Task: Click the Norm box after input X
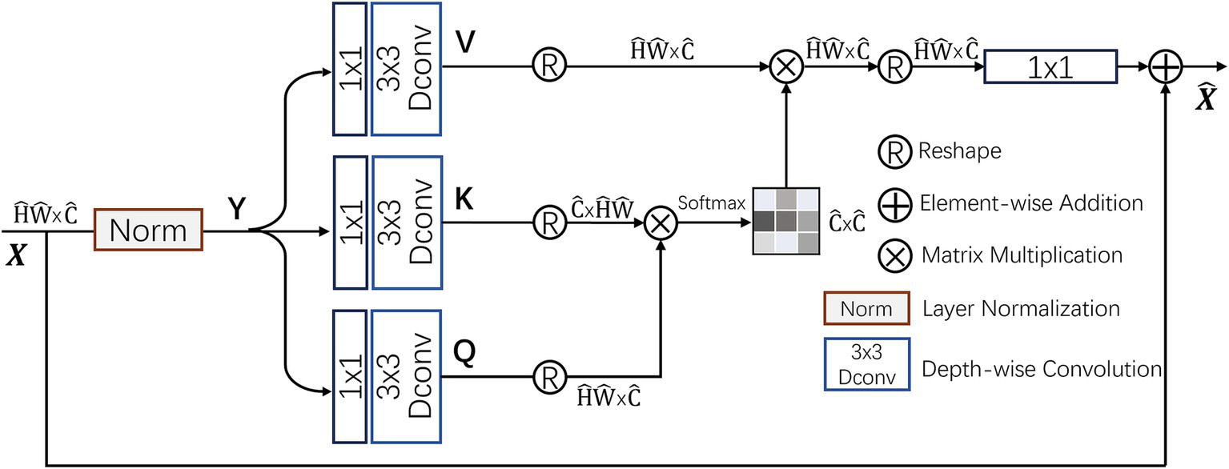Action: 148,230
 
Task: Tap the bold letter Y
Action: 237,209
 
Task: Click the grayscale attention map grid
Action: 784,222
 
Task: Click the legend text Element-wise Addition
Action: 1030,203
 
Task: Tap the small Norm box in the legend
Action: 867,308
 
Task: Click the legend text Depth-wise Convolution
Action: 1042,369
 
